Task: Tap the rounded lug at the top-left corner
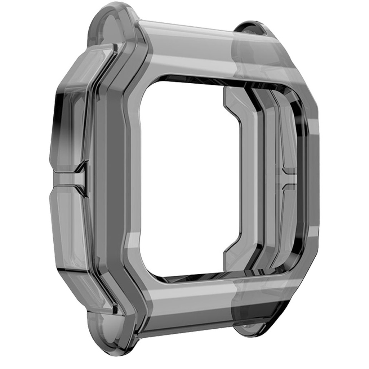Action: tap(108, 22)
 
